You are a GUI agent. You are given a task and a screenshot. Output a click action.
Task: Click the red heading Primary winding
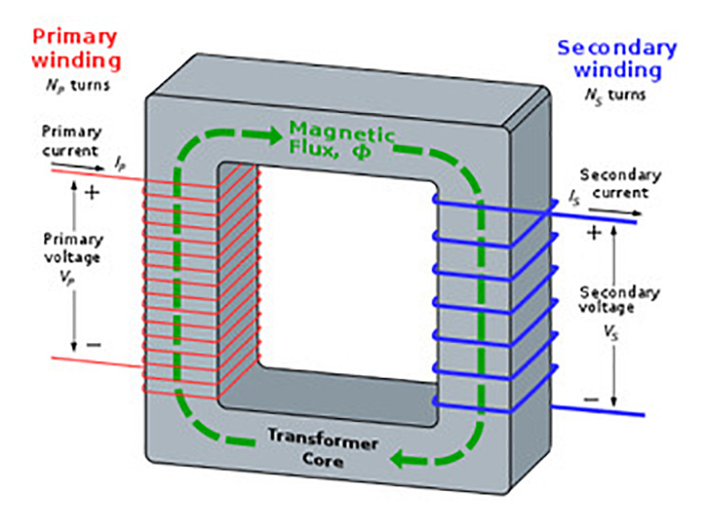[75, 49]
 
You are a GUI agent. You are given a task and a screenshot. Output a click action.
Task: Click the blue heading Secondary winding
[616, 59]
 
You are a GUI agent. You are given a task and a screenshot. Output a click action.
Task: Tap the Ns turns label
[614, 94]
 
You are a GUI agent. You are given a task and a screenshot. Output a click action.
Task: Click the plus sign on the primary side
[91, 194]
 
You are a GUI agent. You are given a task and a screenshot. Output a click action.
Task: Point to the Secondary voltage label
[620, 301]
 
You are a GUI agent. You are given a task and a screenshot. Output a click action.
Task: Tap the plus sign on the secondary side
[592, 233]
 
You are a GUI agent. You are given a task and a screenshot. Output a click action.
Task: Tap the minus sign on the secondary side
[591, 399]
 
